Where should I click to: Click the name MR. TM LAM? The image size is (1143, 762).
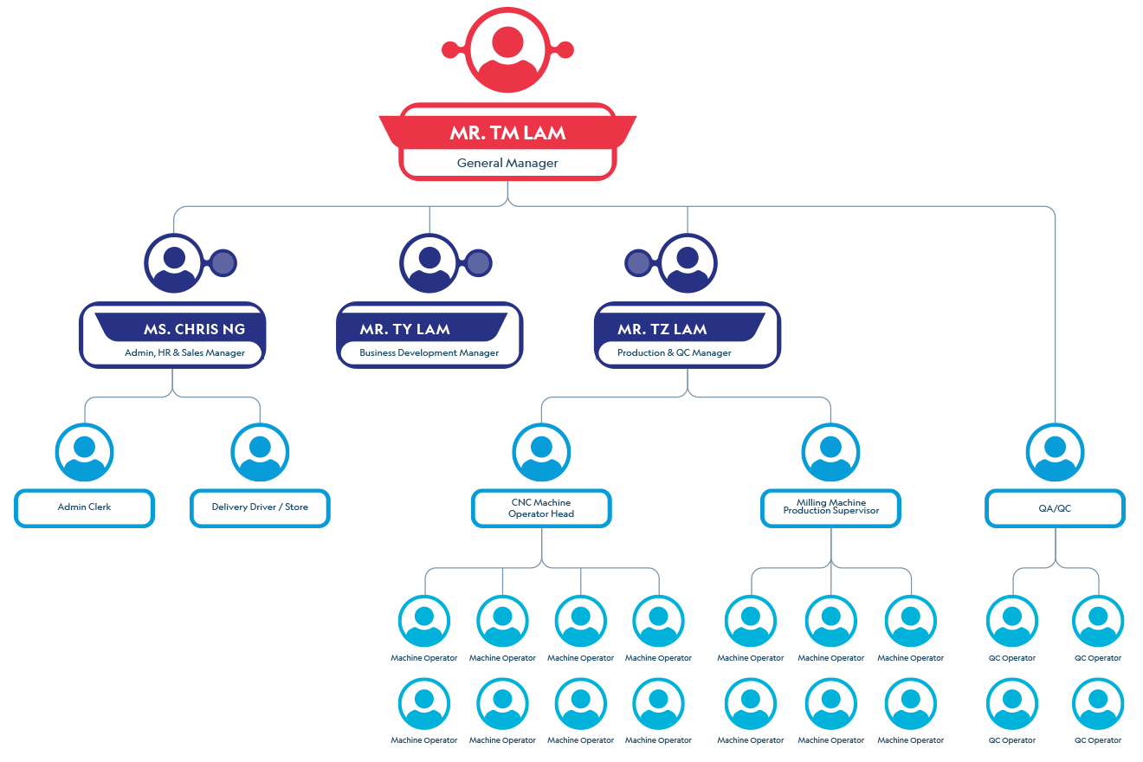point(507,132)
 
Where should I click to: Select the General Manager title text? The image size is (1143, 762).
point(507,163)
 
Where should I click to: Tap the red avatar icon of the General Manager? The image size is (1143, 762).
point(507,48)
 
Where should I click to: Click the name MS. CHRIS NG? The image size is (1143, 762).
point(194,329)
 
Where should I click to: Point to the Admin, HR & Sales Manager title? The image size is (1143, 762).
point(184,352)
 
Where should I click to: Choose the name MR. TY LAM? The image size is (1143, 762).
point(404,329)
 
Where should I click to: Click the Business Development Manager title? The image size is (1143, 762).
point(429,352)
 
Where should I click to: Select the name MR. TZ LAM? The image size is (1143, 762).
point(662,329)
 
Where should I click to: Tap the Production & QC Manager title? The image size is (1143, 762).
point(674,352)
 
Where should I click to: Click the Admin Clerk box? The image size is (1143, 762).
point(84,507)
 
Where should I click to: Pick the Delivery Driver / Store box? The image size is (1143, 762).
point(260,507)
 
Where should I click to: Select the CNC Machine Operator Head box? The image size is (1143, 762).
point(541,508)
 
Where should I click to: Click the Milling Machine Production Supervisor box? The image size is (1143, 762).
point(830,507)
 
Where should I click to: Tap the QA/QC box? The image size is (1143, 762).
point(1055,508)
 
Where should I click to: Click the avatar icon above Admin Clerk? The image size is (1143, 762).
point(84,452)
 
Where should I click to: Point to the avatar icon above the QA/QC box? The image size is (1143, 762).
point(1055,452)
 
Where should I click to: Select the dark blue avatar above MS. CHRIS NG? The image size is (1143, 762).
point(174,262)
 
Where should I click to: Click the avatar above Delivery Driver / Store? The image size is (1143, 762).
point(260,452)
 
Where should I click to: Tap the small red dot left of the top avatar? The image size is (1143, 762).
point(449,49)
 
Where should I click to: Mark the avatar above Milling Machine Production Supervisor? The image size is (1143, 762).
point(830,452)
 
